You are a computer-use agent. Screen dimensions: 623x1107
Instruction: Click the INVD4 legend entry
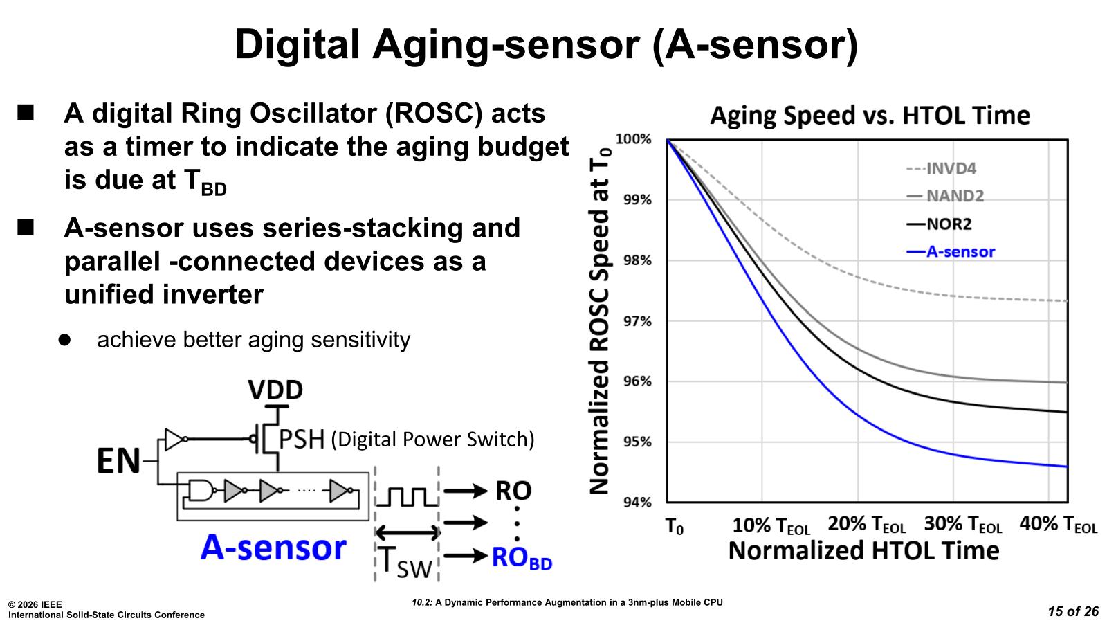click(951, 168)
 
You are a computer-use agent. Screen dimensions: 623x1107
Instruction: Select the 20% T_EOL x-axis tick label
click(866, 525)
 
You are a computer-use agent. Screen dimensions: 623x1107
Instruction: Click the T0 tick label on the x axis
click(674, 527)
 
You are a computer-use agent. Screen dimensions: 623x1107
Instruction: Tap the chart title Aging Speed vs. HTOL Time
click(870, 115)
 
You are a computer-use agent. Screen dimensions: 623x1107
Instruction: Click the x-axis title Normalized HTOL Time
click(863, 551)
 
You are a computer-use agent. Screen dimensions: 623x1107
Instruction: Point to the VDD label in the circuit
click(275, 390)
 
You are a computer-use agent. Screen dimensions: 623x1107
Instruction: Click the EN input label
click(118, 462)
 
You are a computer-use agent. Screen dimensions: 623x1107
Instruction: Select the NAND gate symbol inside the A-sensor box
click(201, 491)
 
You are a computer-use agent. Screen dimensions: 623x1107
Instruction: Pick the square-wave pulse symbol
click(406, 496)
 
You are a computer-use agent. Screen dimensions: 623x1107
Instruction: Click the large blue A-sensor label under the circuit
click(273, 548)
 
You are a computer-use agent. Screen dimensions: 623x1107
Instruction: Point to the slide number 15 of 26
click(1073, 611)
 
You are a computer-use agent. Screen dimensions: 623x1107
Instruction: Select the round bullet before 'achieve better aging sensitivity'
click(65, 340)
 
